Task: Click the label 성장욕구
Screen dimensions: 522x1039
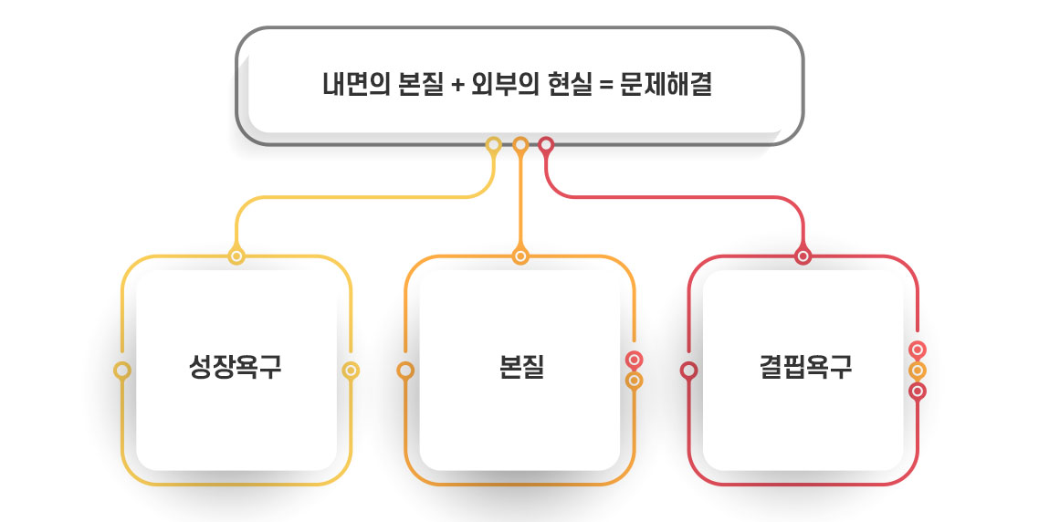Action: point(235,368)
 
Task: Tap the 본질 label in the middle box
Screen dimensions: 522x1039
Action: point(521,368)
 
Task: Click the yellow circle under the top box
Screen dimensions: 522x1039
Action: point(494,144)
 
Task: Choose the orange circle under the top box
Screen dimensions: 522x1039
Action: point(520,144)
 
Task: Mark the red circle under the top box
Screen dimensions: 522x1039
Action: point(546,144)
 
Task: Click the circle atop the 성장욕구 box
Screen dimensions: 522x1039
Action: point(236,256)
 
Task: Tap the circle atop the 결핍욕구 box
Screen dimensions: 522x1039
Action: point(803,256)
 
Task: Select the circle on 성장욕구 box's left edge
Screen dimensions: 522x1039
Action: point(122,371)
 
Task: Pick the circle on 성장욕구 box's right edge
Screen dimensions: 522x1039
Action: point(351,371)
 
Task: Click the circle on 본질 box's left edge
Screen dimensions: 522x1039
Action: point(405,371)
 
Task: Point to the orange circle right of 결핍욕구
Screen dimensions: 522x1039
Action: point(918,371)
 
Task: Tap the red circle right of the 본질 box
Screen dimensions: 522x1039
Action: point(635,360)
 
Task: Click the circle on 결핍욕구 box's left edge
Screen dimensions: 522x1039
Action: point(689,371)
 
